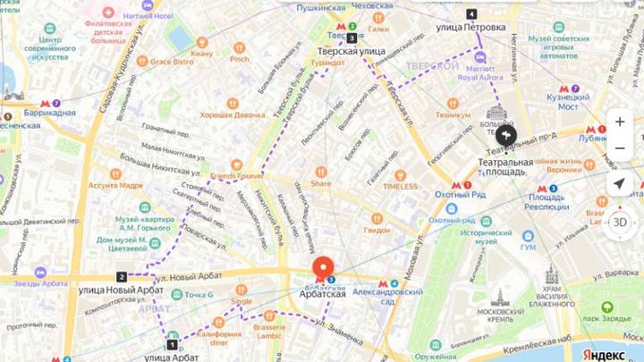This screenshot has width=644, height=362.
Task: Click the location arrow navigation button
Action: pos(620,183)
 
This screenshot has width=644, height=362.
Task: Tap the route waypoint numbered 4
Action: pos(471,14)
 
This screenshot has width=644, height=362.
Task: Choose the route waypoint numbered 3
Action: pos(352,38)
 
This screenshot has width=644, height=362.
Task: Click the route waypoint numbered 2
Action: pos(122,277)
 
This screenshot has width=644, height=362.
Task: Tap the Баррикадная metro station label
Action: pos(50,113)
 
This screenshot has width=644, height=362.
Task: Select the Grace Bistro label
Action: pos(171,62)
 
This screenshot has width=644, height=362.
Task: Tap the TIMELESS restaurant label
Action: pos(400,186)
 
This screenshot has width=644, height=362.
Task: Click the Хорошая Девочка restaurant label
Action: pos(226,114)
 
